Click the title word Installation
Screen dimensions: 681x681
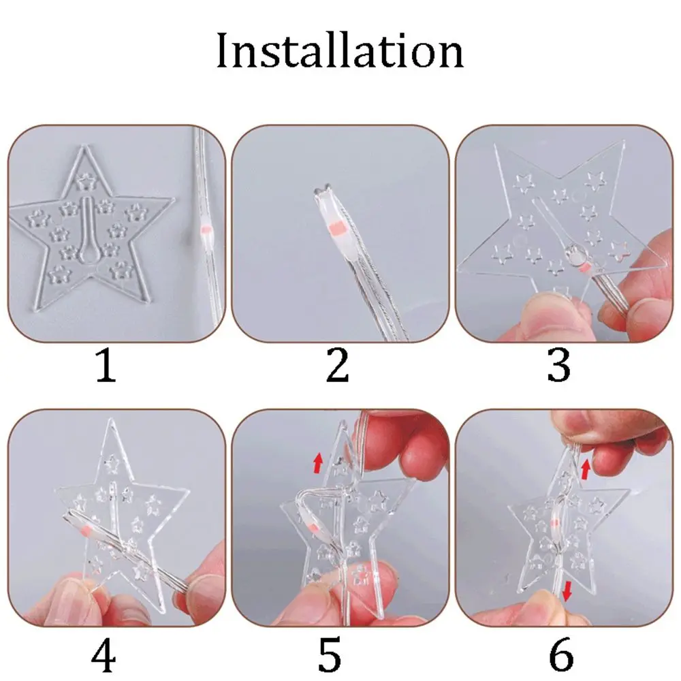340,52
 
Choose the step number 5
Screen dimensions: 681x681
330,657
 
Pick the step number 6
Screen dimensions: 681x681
561,657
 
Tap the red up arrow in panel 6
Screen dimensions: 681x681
586,469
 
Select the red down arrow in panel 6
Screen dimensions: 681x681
567,596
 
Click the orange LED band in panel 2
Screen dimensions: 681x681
334,227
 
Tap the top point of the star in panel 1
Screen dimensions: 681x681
86,150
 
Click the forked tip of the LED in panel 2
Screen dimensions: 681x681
323,194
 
